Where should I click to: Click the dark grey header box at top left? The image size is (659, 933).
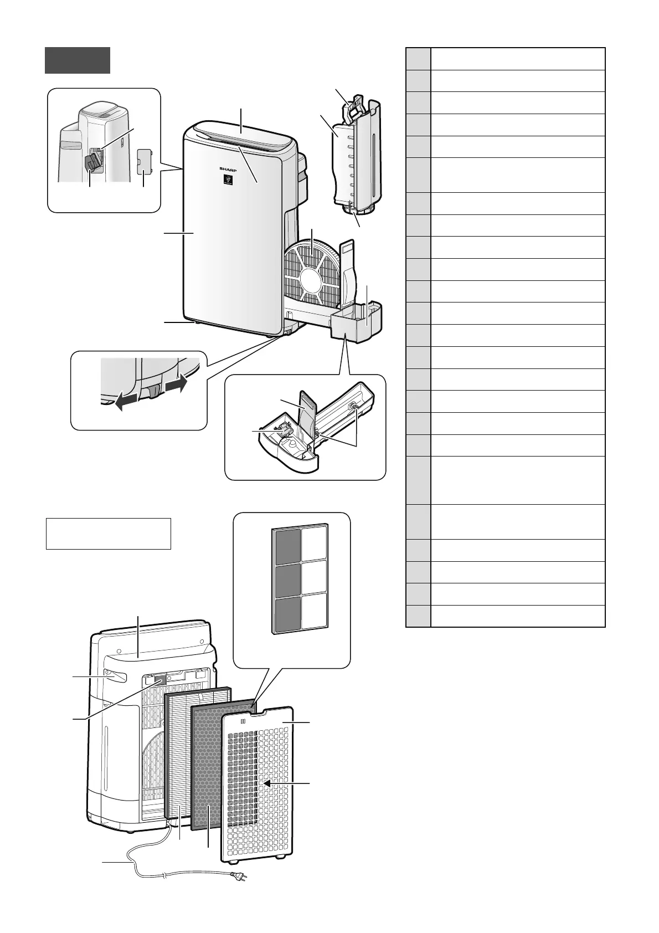(78, 60)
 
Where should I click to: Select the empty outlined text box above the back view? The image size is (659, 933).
(108, 534)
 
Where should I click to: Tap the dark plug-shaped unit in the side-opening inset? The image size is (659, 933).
(92, 163)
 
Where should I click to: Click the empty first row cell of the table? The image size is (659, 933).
(517, 59)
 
